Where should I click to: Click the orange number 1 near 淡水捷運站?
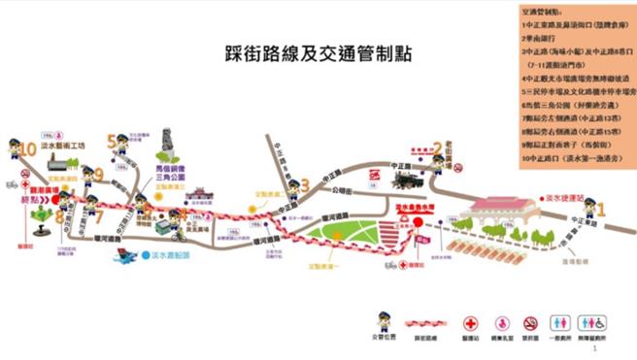click(x=600, y=208)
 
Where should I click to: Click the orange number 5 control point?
click(x=112, y=140)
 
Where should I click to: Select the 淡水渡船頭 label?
click(x=158, y=257)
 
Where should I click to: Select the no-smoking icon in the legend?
click(x=530, y=320)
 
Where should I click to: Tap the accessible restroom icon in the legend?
click(x=595, y=320)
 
